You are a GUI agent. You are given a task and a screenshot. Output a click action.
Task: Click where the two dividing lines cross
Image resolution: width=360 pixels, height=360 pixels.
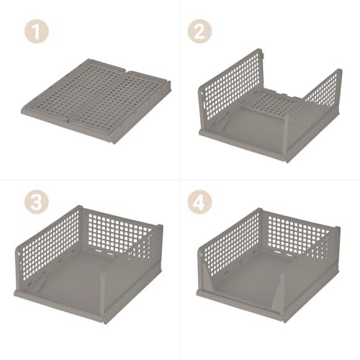pyautogui.click(x=180, y=180)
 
